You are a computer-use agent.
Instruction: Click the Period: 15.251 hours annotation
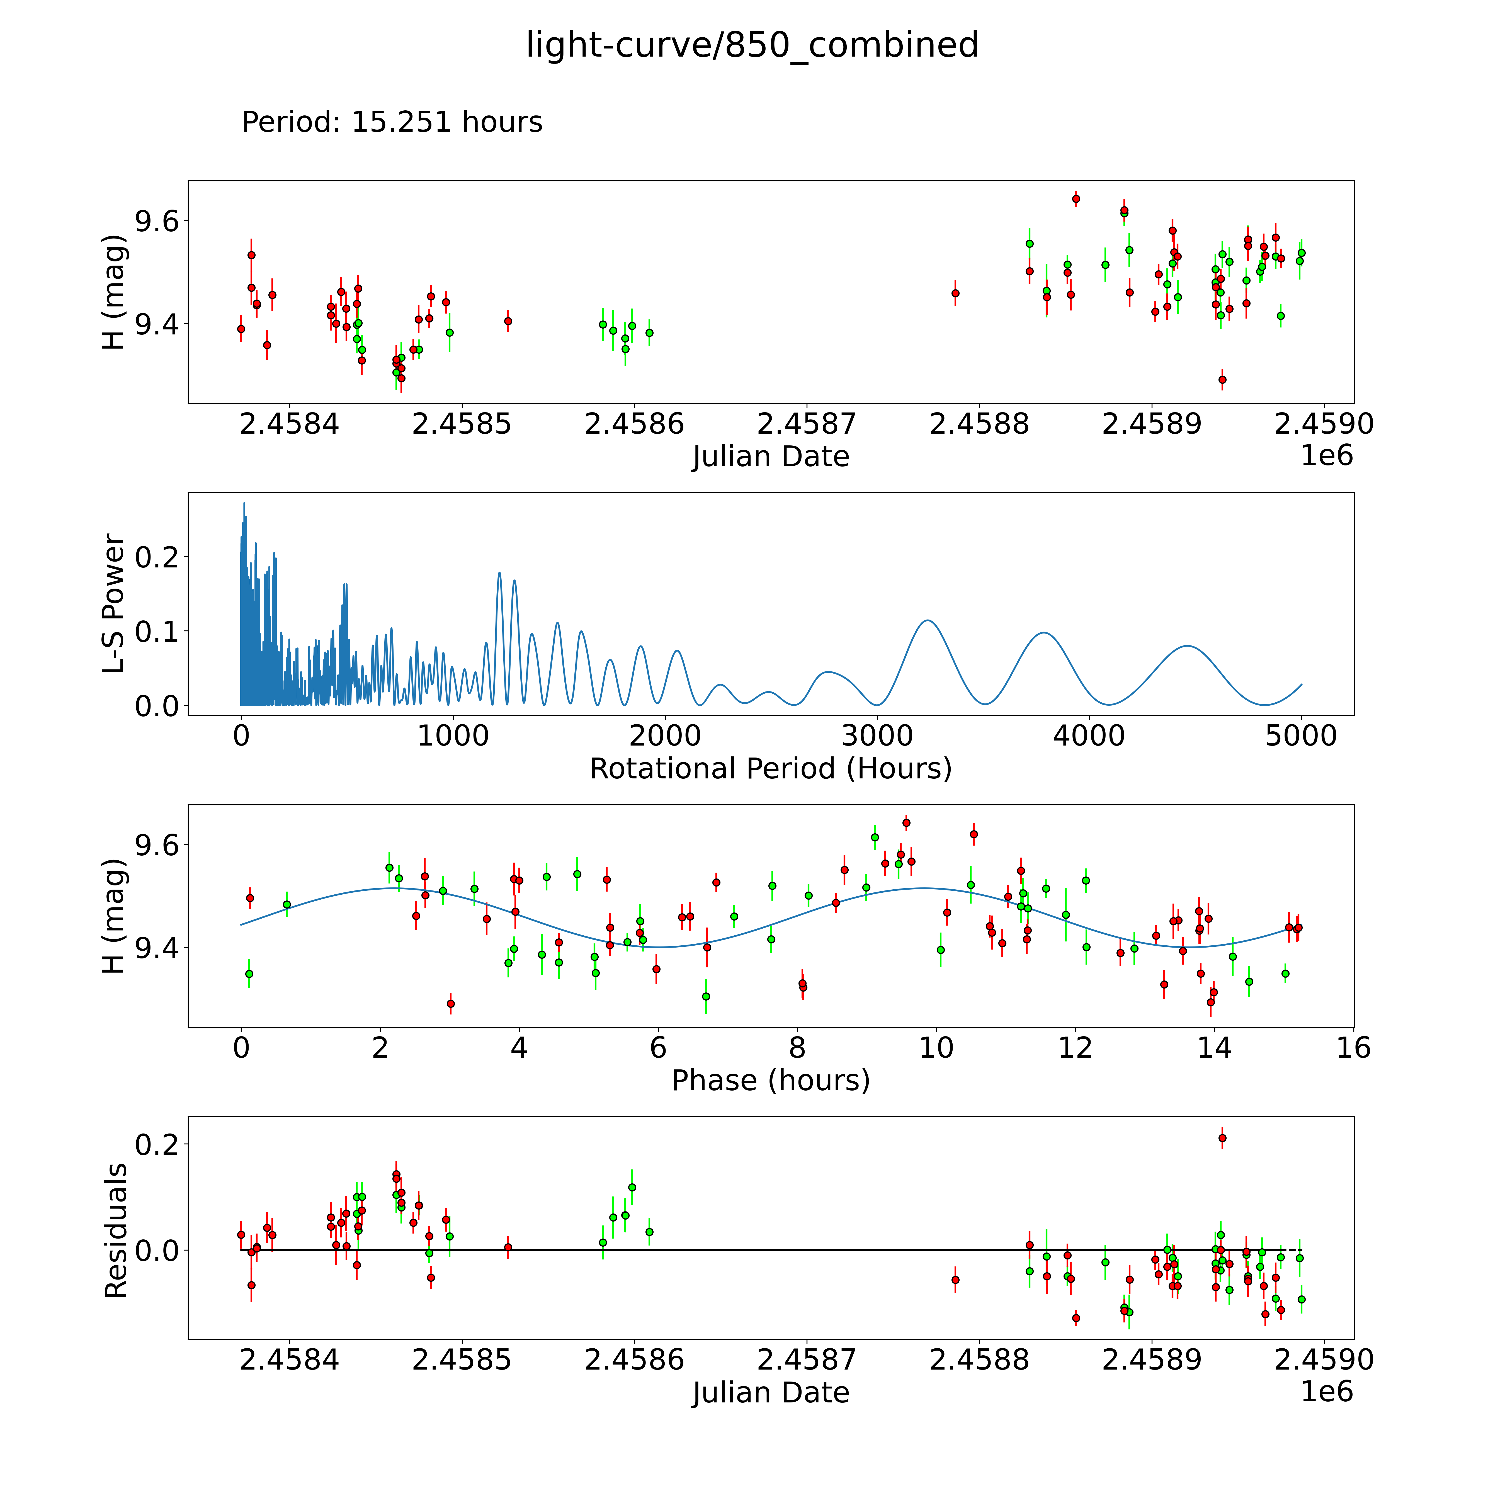click(392, 122)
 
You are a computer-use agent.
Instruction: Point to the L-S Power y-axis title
click(114, 604)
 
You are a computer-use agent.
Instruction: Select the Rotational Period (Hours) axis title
click(770, 769)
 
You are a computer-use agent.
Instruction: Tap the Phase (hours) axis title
click(770, 1081)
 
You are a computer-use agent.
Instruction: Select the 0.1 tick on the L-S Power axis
click(156, 631)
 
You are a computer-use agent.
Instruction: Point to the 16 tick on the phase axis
click(1354, 1048)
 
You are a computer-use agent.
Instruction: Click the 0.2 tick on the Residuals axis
click(156, 1144)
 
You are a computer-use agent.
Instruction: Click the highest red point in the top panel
click(1076, 199)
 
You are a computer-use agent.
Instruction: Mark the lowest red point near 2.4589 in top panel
click(1222, 379)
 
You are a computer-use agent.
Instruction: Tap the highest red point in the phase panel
click(906, 823)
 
